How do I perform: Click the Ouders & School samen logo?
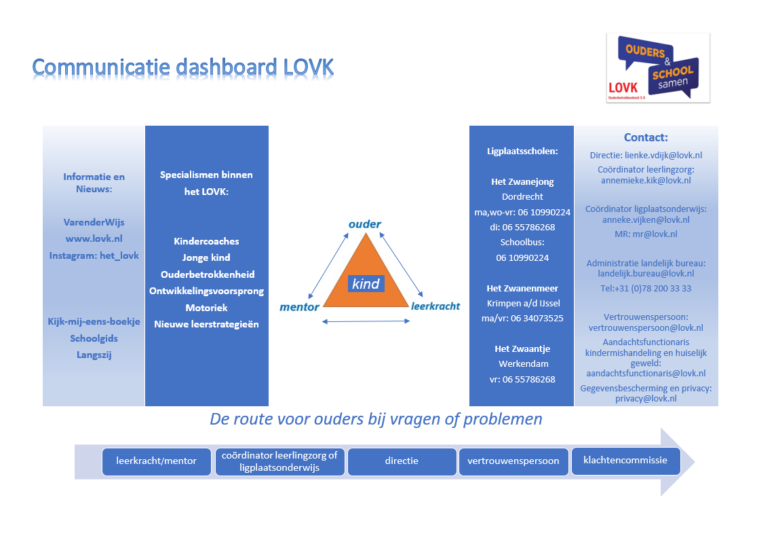pyautogui.click(x=658, y=68)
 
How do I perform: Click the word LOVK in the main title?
pyautogui.click(x=309, y=67)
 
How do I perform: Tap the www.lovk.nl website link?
pyautogui.click(x=94, y=238)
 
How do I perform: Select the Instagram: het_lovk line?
pyautogui.click(x=94, y=255)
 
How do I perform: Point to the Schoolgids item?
pyautogui.click(x=94, y=338)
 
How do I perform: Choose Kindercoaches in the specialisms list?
pyautogui.click(x=207, y=241)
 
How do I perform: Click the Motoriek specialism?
pyautogui.click(x=207, y=307)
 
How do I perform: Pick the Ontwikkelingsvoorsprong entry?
pyautogui.click(x=207, y=291)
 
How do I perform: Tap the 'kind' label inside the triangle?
pyautogui.click(x=366, y=284)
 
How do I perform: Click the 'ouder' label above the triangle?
pyautogui.click(x=365, y=224)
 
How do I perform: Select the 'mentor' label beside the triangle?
pyautogui.click(x=299, y=307)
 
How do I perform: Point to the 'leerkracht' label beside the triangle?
pyautogui.click(x=435, y=306)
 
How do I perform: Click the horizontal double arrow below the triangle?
pyautogui.click(x=366, y=321)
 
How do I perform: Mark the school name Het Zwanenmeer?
pyautogui.click(x=522, y=288)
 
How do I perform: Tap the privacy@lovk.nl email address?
pyautogui.click(x=646, y=399)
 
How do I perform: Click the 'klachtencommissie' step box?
pyautogui.click(x=625, y=461)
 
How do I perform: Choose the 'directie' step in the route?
pyautogui.click(x=402, y=461)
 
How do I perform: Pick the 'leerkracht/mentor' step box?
pyautogui.click(x=157, y=461)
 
